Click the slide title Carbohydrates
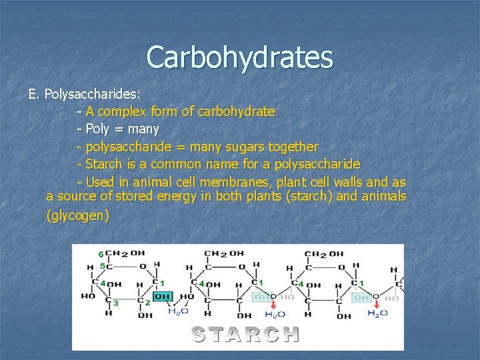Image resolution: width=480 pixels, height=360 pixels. (239, 57)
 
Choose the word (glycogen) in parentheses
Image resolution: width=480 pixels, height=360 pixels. (77, 216)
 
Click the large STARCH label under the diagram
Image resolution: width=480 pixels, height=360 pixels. (245, 333)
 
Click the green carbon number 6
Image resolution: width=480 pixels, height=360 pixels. (101, 255)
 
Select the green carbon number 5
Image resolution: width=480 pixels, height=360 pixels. (102, 267)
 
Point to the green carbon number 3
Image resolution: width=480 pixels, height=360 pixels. (116, 303)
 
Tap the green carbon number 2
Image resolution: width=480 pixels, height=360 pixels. (147, 302)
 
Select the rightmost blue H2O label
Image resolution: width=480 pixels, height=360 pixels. (377, 314)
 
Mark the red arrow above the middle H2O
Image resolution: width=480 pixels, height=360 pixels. (274, 302)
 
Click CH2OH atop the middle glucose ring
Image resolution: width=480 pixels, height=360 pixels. (223, 254)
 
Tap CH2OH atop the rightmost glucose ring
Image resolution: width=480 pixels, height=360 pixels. (324, 254)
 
